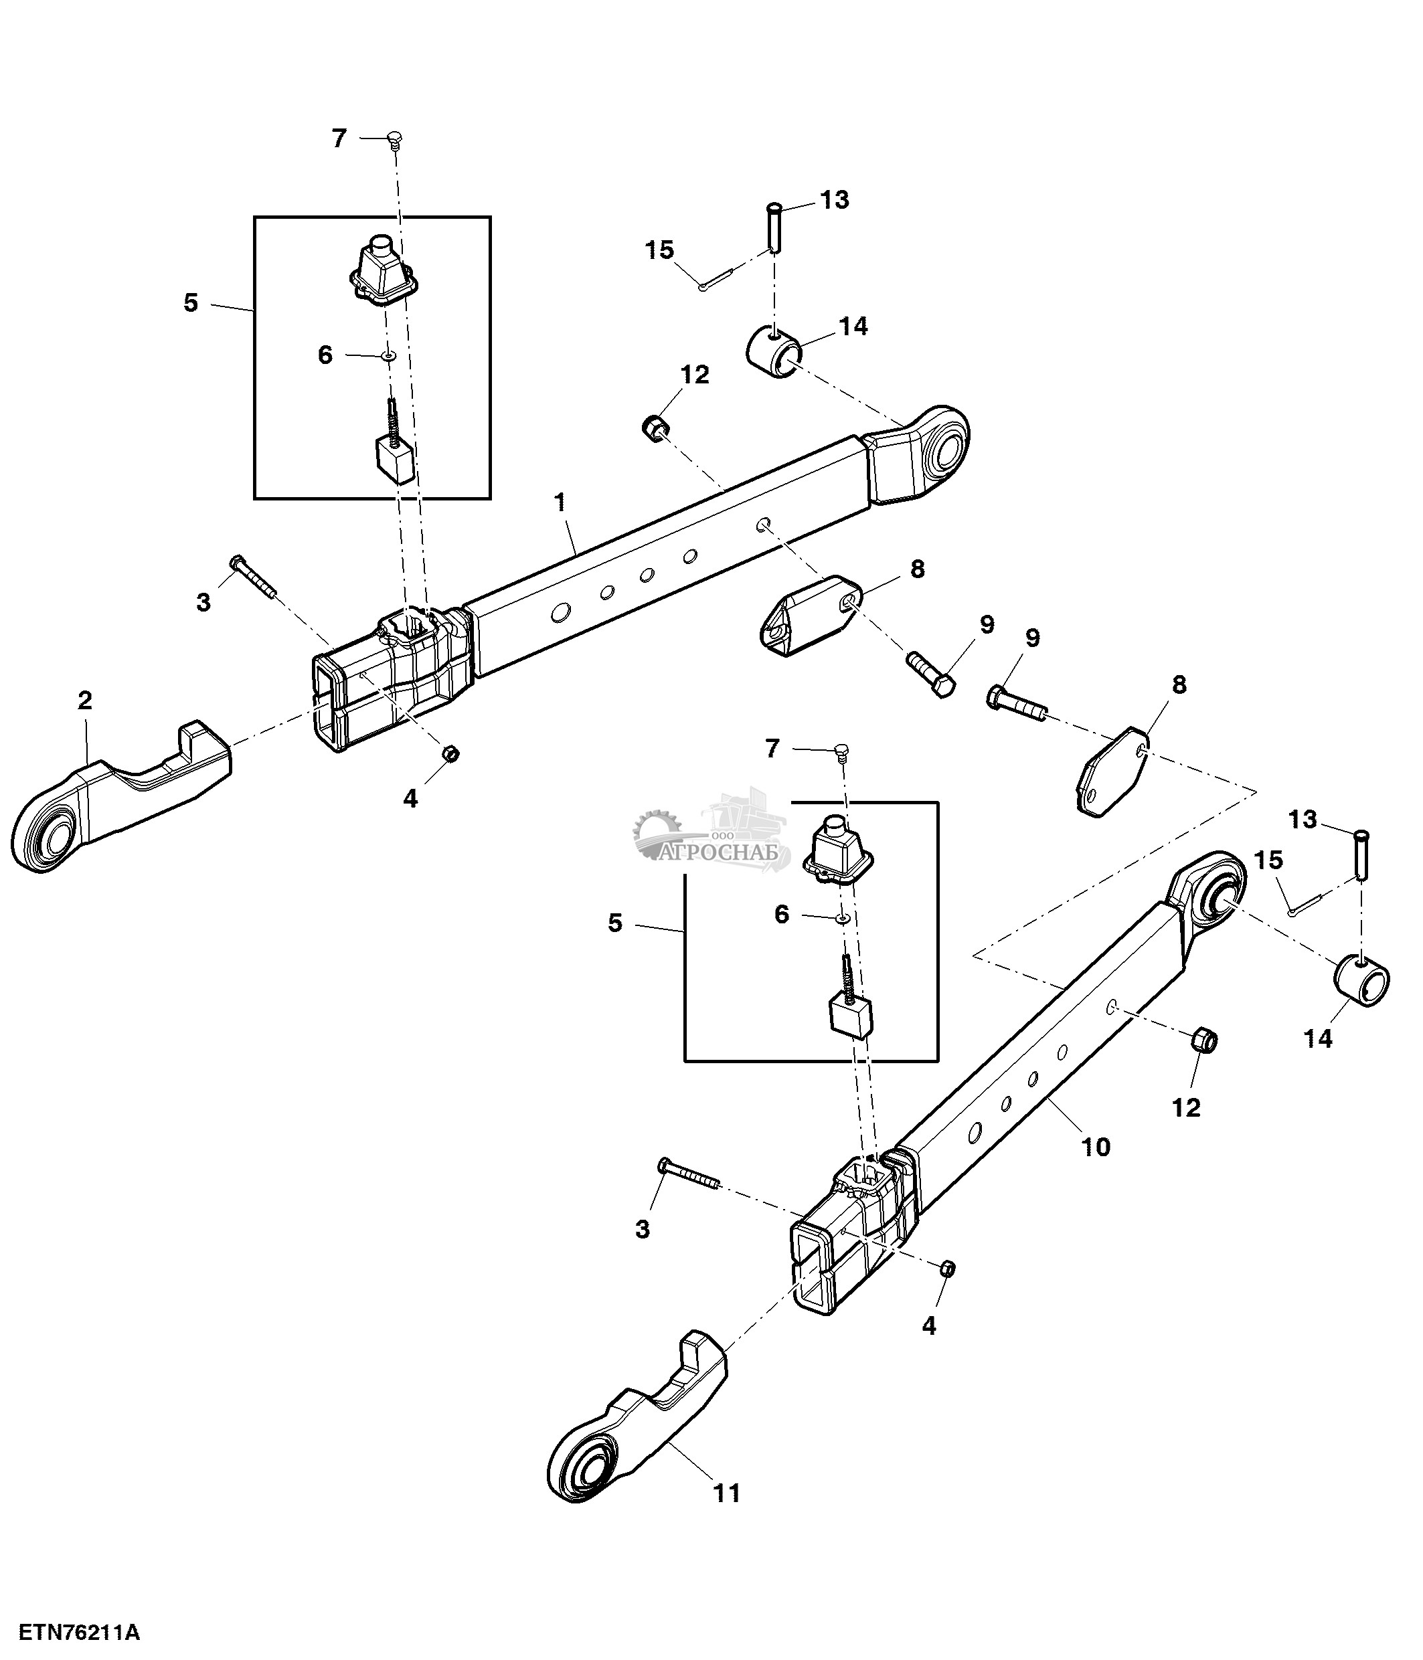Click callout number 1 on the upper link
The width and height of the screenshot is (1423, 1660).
tap(560, 503)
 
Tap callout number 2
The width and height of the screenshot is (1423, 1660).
tap(85, 701)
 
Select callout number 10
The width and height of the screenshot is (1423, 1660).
tap(1096, 1147)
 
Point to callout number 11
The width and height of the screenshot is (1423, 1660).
tap(727, 1493)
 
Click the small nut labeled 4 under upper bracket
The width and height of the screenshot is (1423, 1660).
tap(451, 753)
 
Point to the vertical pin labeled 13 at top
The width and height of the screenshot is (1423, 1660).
tap(772, 226)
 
